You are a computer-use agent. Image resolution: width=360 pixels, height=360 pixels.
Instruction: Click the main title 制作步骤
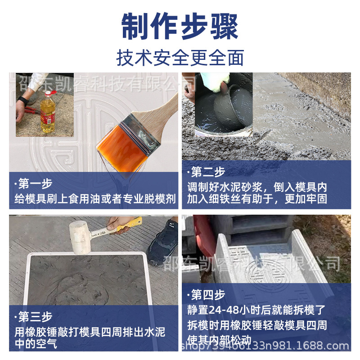(x=180, y=27)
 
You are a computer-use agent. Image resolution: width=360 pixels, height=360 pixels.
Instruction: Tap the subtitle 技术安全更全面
(x=180, y=58)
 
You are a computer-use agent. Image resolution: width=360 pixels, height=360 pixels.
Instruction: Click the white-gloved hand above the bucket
(x=214, y=81)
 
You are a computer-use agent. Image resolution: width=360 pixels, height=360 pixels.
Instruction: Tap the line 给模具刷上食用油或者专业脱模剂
(x=94, y=198)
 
